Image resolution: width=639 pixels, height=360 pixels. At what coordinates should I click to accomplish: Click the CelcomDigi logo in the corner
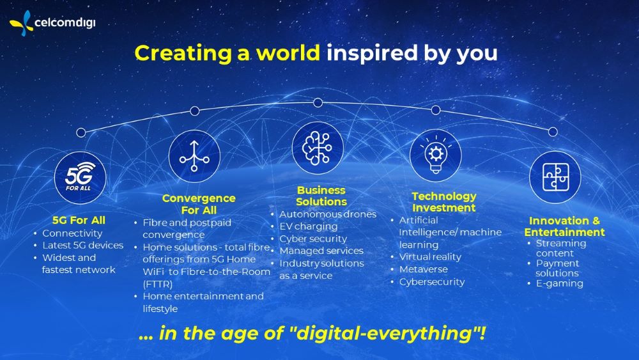tap(52, 23)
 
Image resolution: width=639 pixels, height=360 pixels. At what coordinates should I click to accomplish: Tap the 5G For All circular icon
tap(80, 178)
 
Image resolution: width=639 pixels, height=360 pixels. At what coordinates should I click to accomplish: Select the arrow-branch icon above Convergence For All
tap(194, 156)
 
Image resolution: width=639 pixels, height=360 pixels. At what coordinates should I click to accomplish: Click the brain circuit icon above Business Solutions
tap(318, 148)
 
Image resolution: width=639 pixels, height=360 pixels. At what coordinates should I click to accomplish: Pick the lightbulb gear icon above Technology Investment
tap(436, 155)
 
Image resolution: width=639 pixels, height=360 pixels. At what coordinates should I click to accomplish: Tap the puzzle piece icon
tap(555, 177)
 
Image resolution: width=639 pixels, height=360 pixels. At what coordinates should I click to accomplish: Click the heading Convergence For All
tap(199, 204)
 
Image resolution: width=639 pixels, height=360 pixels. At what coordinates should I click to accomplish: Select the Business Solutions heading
tap(321, 196)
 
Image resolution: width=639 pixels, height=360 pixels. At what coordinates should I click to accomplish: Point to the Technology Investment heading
tap(444, 202)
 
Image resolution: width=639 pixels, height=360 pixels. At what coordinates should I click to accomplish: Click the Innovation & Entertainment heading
tap(564, 226)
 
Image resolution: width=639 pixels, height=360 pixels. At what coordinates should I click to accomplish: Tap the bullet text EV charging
tap(309, 226)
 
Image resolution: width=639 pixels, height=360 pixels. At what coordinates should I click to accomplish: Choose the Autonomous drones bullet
tap(328, 214)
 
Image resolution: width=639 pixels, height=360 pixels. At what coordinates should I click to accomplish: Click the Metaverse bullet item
tap(424, 269)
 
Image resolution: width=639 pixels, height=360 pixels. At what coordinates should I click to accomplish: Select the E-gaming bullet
tap(560, 283)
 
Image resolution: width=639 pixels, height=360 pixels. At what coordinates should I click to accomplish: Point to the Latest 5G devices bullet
tap(82, 245)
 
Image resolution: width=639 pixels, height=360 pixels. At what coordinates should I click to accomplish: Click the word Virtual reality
tap(430, 257)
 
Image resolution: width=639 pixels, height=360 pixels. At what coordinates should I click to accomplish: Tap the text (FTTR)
tap(158, 284)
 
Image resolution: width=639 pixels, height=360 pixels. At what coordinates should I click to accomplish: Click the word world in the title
tap(288, 53)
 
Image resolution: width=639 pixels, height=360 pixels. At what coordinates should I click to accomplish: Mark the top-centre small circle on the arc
tap(318, 102)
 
